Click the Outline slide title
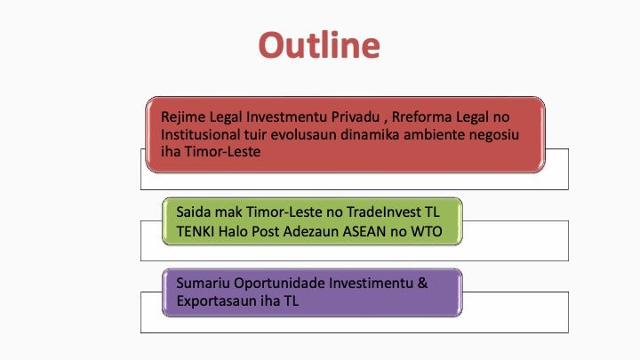pyautogui.click(x=319, y=44)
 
